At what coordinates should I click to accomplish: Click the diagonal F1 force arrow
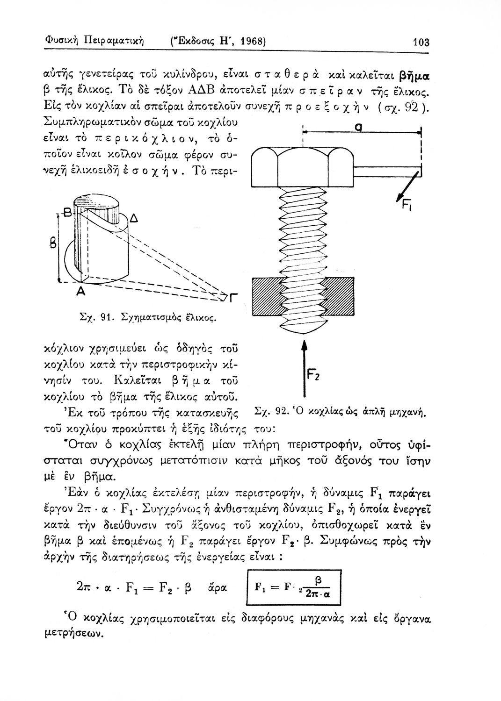(405, 185)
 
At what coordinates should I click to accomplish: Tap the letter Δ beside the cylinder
(133, 219)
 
